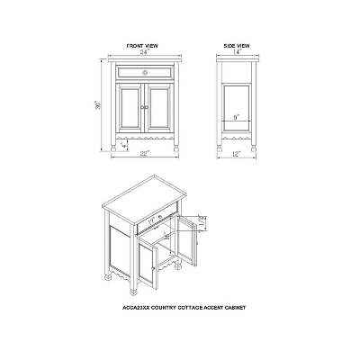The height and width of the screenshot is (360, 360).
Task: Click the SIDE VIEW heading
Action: pos(238,43)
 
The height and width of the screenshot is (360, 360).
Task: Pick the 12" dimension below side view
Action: pos(238,153)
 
